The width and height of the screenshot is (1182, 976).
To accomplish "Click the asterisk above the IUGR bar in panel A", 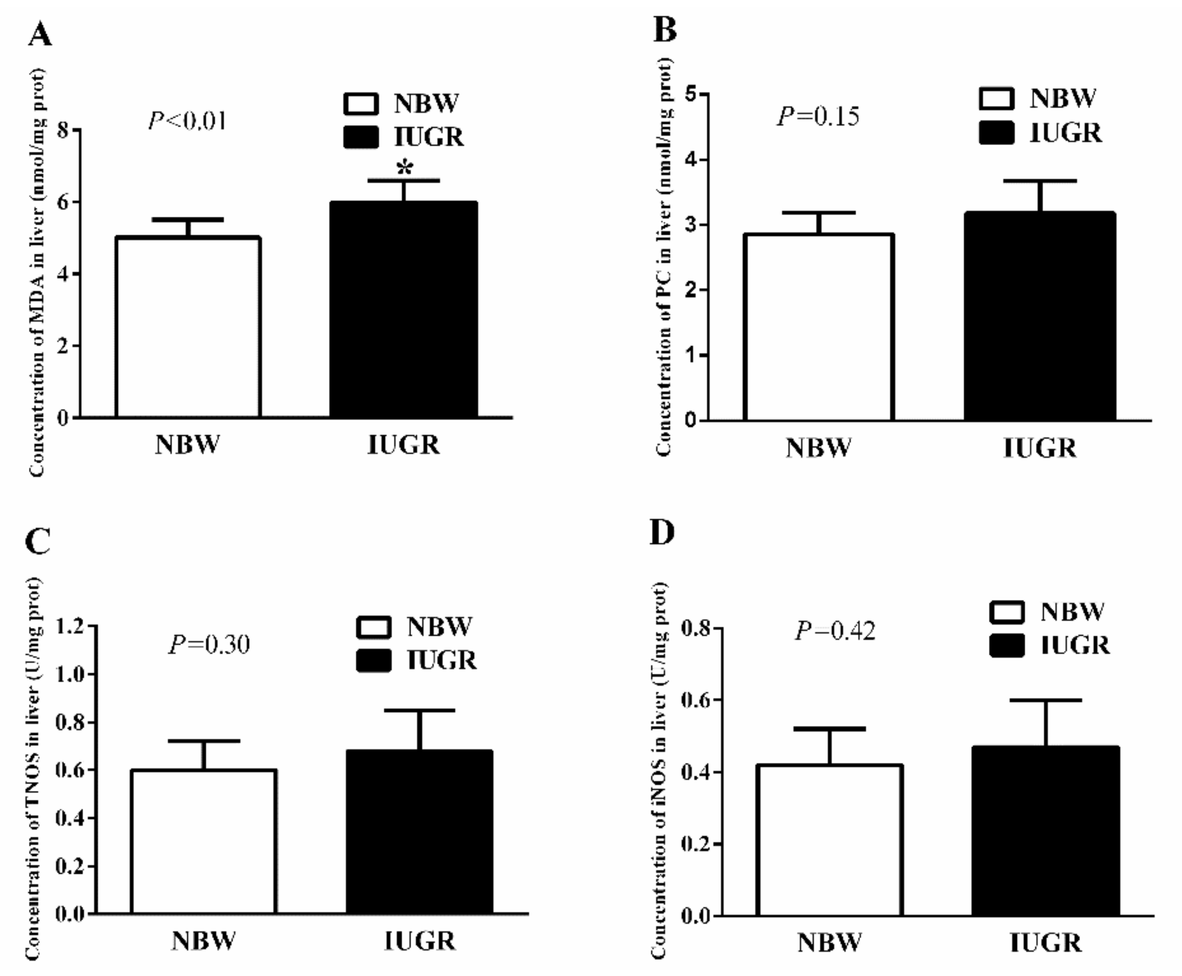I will pyautogui.click(x=404, y=167).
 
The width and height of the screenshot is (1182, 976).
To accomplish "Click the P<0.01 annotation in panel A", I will pyautogui.click(x=188, y=120).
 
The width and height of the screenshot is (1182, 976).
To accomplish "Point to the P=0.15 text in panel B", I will pyautogui.click(x=818, y=116).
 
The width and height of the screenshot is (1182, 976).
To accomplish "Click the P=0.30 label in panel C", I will pyautogui.click(x=209, y=644).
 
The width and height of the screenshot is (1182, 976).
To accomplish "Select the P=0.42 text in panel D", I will pyautogui.click(x=835, y=631).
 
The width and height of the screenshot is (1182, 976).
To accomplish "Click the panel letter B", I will pyautogui.click(x=664, y=29).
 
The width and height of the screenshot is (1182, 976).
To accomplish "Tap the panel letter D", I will pyautogui.click(x=662, y=532).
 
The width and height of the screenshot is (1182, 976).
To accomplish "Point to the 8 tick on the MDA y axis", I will pyautogui.click(x=63, y=130).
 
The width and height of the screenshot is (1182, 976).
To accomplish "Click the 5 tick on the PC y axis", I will pyautogui.click(x=690, y=94).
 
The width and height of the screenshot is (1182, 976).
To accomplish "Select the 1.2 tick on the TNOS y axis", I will pyautogui.click(x=70, y=626).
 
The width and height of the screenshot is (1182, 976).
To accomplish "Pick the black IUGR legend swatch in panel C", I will pyautogui.click(x=374, y=660).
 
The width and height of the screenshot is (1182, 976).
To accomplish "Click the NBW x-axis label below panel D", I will pyautogui.click(x=829, y=942).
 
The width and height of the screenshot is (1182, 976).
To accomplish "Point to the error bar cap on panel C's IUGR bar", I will pyautogui.click(x=419, y=711).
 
